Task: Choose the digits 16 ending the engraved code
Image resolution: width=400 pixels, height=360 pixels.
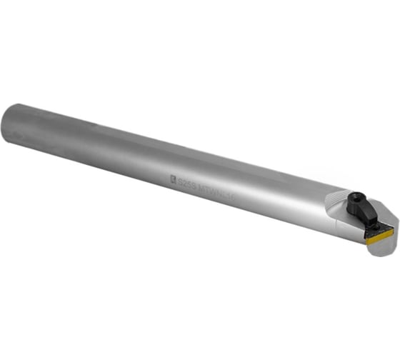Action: point(243,192)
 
